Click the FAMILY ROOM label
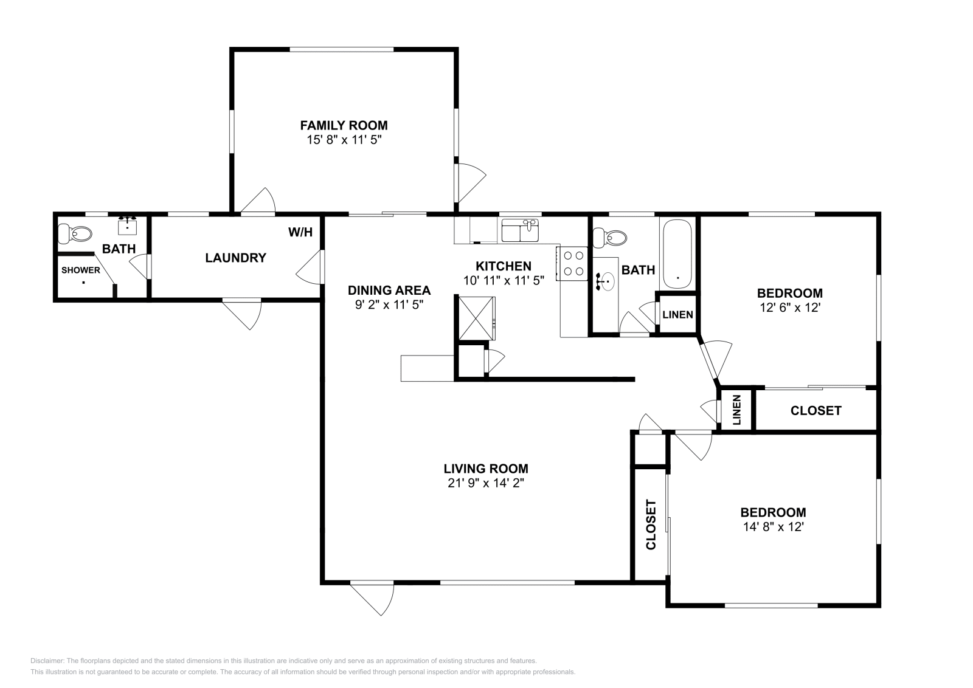[344, 125]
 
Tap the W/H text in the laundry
[300, 232]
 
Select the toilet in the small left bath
[74, 233]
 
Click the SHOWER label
[80, 270]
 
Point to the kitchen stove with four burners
[572, 263]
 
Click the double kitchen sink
[521, 231]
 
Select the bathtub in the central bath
[676, 254]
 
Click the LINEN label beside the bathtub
[677, 315]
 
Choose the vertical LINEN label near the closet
[736, 410]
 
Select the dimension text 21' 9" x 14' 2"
[485, 483]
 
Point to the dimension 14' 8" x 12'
[773, 527]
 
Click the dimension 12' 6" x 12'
[790, 308]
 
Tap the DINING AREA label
[389, 291]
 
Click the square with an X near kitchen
[476, 318]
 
